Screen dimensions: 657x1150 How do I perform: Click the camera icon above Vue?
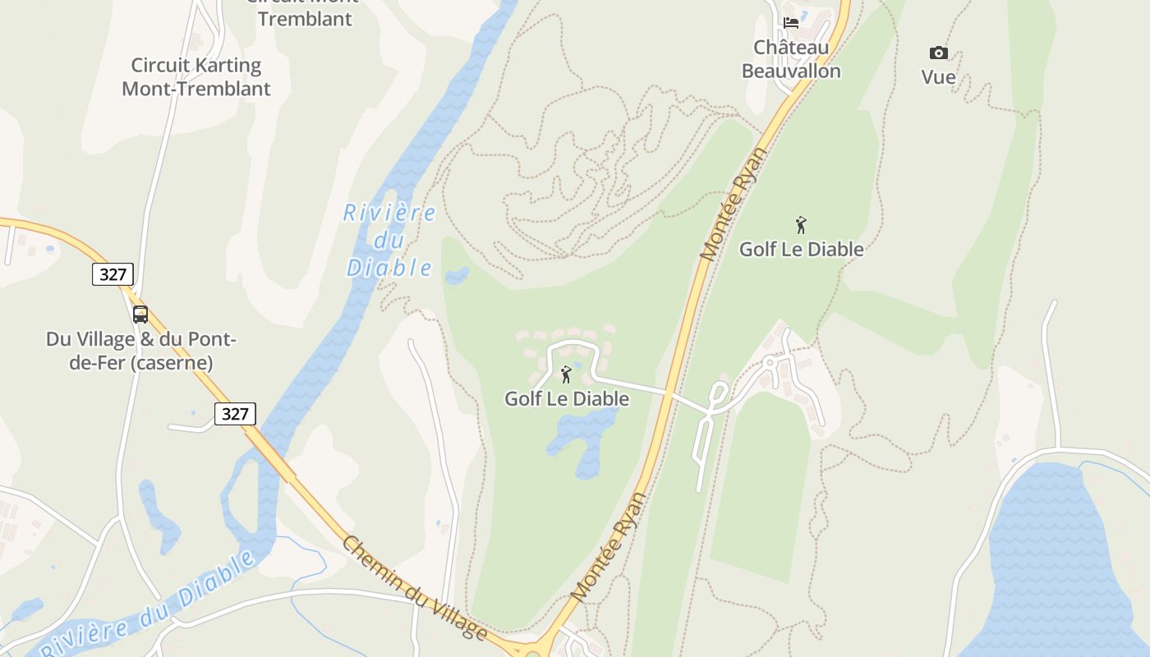[x=938, y=53]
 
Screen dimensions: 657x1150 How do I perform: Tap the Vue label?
[x=938, y=77]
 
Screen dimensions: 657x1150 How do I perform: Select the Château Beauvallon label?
[x=791, y=60]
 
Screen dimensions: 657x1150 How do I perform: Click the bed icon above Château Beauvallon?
[x=791, y=23]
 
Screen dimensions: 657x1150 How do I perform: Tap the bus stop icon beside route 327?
[x=140, y=314]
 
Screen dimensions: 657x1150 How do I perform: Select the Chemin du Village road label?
[x=415, y=588]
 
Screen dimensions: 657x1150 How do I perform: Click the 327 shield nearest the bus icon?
[x=113, y=274]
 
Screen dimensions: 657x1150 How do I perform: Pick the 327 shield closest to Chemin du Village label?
[x=235, y=414]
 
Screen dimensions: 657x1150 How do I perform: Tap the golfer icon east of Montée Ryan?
[x=801, y=224]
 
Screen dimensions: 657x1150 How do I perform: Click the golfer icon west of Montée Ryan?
[x=566, y=374]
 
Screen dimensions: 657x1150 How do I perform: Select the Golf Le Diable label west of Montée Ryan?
[x=567, y=399]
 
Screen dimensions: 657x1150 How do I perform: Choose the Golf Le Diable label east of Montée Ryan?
[x=801, y=249]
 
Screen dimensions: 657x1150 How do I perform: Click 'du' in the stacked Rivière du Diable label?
[x=389, y=241]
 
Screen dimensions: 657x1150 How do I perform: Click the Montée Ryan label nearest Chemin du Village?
[x=608, y=548]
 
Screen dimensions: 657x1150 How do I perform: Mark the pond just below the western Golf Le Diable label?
[x=585, y=439]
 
